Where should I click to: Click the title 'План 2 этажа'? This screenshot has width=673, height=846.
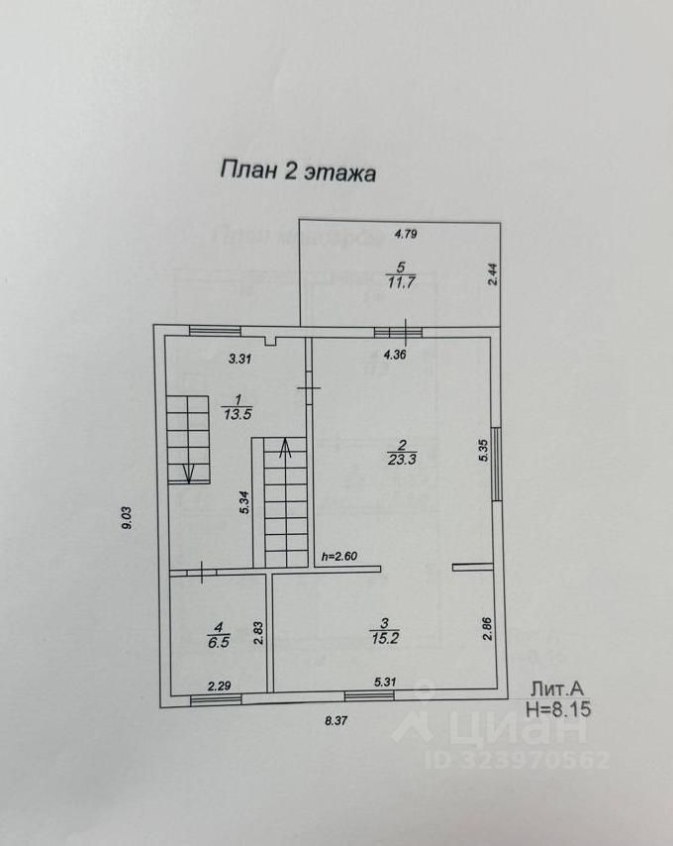pos(297,170)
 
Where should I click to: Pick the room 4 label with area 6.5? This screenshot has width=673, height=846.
pos(216,634)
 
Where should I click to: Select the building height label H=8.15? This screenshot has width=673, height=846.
pos(561,708)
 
